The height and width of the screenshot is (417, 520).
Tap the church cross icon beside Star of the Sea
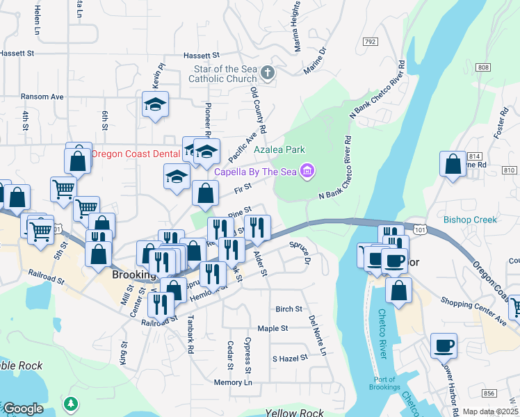[x=266, y=72]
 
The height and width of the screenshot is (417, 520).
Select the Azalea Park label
[x=279, y=149]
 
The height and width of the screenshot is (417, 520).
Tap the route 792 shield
[x=369, y=42]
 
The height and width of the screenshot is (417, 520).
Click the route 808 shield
[x=484, y=67]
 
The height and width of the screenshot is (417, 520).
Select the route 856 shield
[x=490, y=393]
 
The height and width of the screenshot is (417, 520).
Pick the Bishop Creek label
[x=471, y=220]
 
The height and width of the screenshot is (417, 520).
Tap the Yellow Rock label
[x=294, y=413]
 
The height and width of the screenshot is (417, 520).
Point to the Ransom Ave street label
[x=42, y=97]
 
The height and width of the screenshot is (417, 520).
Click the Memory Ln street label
[x=233, y=382]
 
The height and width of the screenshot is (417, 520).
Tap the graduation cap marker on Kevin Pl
[x=156, y=106]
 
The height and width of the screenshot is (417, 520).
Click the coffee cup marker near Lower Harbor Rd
[x=444, y=345]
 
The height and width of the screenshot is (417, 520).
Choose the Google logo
[x=22, y=409]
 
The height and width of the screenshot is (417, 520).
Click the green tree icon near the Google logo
[x=70, y=403]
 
